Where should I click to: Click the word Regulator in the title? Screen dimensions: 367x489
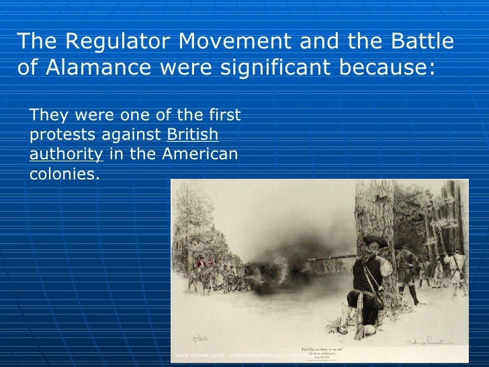click(118, 42)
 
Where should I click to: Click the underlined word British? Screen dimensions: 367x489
click(192, 135)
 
